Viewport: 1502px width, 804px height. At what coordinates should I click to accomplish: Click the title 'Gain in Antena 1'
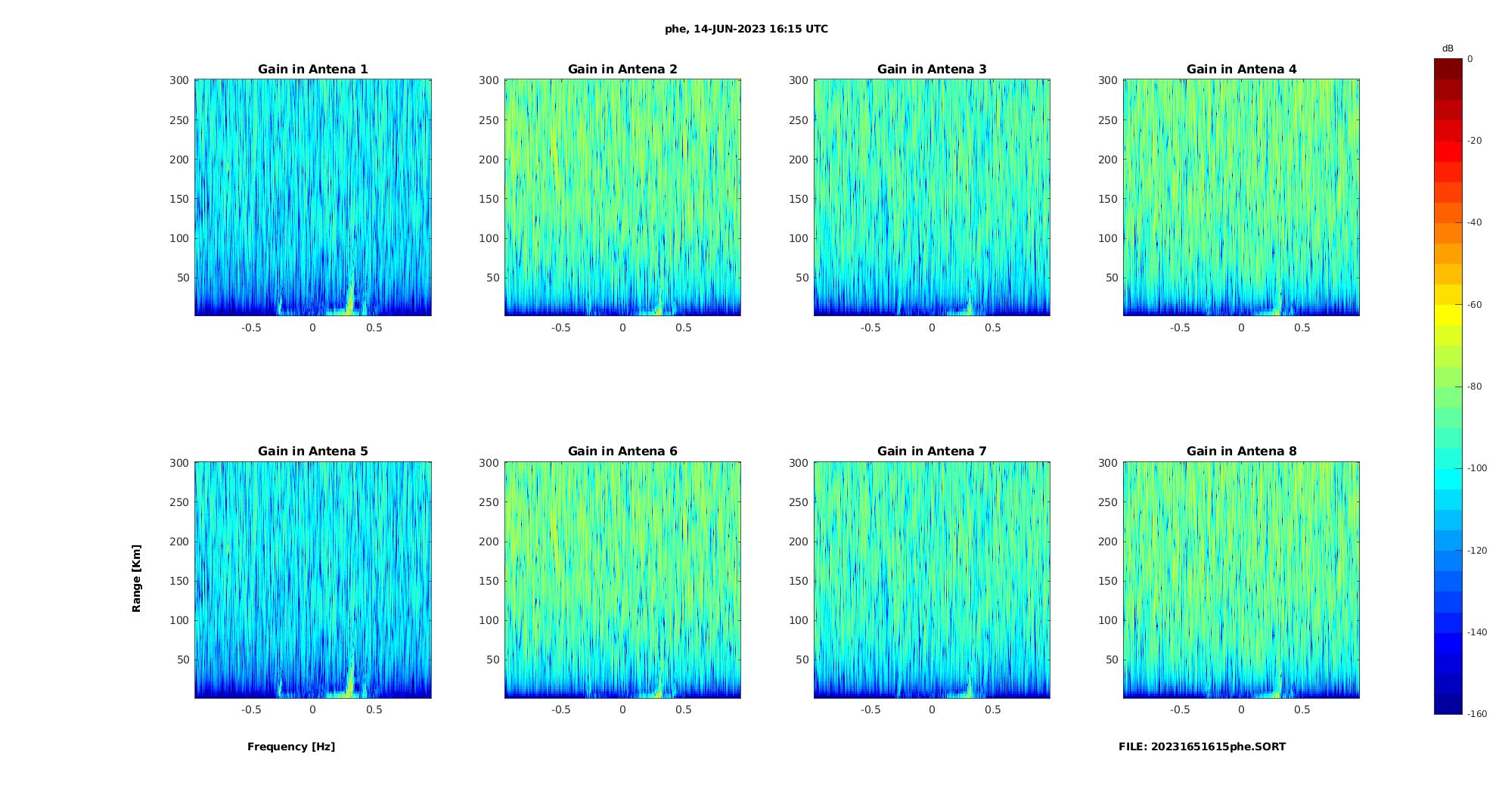click(x=312, y=69)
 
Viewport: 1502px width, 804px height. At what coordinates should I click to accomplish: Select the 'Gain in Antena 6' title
click(x=622, y=451)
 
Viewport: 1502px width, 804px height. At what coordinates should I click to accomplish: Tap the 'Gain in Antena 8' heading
click(x=1241, y=451)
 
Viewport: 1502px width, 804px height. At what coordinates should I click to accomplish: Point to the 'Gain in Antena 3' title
click(x=932, y=69)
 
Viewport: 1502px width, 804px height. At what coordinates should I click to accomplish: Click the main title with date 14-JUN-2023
click(x=746, y=29)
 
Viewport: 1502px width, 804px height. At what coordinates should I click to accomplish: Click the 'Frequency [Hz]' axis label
click(x=291, y=747)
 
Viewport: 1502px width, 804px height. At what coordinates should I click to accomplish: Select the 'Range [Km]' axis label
click(x=136, y=578)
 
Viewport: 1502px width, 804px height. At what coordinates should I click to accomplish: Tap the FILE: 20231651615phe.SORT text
click(x=1202, y=747)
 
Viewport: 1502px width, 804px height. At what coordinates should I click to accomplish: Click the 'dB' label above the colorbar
click(x=1448, y=48)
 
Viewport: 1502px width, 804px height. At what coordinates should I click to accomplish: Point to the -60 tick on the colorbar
click(x=1474, y=305)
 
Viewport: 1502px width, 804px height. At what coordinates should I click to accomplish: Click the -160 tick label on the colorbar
click(x=1476, y=714)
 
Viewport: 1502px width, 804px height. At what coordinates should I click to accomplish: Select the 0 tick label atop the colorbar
click(x=1469, y=59)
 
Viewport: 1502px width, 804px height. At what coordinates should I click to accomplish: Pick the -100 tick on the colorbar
click(x=1476, y=468)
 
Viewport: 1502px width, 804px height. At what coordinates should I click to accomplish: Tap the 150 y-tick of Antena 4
click(x=1107, y=199)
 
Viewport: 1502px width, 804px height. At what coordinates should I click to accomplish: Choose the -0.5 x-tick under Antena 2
click(x=560, y=327)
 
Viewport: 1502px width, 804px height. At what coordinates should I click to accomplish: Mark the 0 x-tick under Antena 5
click(x=312, y=709)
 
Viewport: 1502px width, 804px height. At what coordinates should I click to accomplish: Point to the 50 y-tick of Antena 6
click(x=493, y=660)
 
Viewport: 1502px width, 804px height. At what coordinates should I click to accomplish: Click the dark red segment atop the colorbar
click(x=1448, y=69)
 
